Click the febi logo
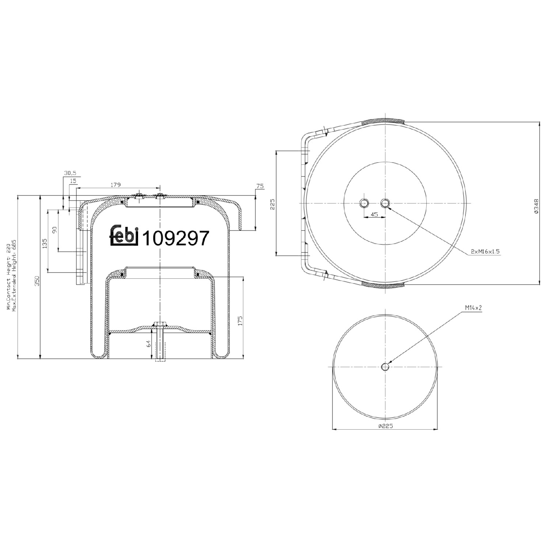coord(124,235)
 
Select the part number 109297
coord(175,239)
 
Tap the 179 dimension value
coord(115,185)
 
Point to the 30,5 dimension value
coord(70,173)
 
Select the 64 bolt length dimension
coord(148,343)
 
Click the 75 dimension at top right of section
coord(260,186)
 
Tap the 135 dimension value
coord(45,243)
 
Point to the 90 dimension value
coord(55,230)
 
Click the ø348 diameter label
coord(536,206)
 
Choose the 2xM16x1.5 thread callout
coord(485,252)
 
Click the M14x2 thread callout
coord(473,308)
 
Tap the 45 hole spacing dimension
coord(374,214)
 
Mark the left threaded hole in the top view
coord(364,203)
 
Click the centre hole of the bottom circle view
coord(385,367)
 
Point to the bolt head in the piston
coord(160,323)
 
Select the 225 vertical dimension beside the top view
coord(272,204)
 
